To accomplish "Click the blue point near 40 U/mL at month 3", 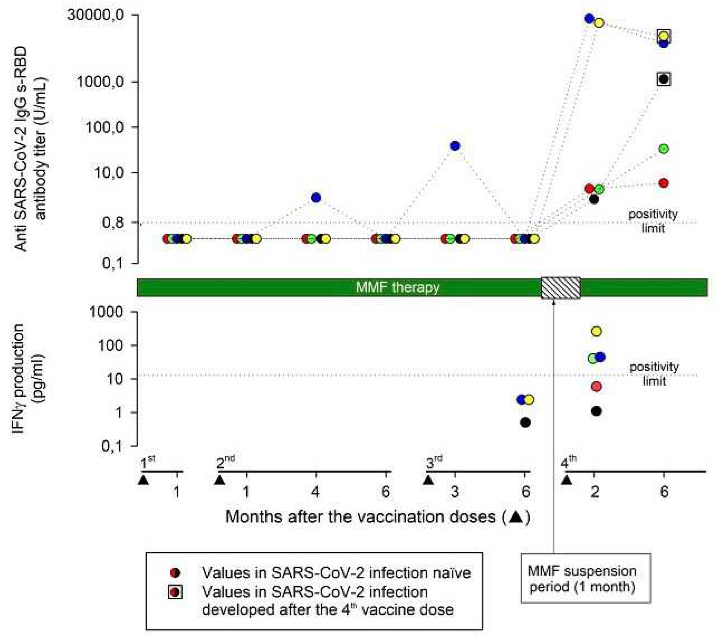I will tap(455, 146).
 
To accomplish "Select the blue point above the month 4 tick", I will tap(316, 198).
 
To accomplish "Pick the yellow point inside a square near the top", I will tap(664, 35).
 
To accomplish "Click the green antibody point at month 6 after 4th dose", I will tap(664, 149).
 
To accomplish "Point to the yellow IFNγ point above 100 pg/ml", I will tap(596, 331).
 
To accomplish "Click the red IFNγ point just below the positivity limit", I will tap(596, 387).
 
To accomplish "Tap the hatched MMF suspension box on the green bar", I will tap(561, 288).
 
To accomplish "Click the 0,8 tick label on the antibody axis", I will tap(113, 222).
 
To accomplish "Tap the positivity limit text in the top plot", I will tap(653, 221).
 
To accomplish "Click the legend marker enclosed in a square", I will tap(175, 592).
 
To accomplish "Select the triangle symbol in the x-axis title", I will tap(516, 517).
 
